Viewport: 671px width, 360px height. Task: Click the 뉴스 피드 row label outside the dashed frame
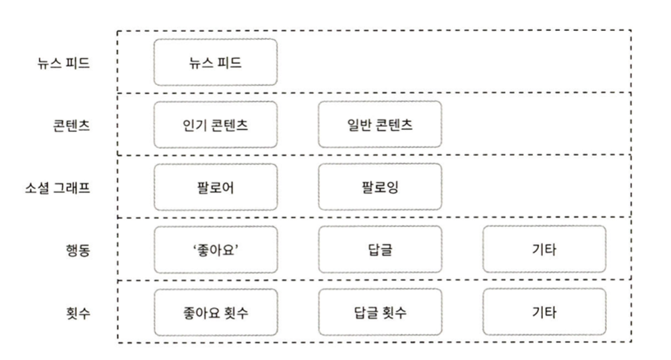[64, 63]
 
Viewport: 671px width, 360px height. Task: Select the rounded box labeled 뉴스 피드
[216, 62]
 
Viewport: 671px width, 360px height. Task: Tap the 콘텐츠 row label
[71, 125]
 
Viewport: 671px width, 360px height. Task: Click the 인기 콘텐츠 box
[216, 125]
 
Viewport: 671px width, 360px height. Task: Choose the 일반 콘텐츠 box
[379, 125]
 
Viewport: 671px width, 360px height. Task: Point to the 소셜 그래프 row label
[57, 187]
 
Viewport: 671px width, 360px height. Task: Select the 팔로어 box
[216, 187]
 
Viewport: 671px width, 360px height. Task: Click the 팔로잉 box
[379, 187]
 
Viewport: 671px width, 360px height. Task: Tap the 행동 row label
[77, 250]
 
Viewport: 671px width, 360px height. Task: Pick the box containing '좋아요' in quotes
[216, 249]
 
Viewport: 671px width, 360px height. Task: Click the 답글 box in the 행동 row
[379, 249]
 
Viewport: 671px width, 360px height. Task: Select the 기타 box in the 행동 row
[544, 249]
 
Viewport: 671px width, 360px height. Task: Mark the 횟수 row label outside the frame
[77, 313]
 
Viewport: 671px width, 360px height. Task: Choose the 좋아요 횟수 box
[216, 312]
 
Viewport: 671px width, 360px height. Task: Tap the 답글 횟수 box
[379, 312]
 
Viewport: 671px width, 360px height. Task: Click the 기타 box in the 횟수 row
[544, 312]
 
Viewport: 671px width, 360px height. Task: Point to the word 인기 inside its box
[195, 125]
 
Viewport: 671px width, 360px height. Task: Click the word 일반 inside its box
[359, 125]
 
